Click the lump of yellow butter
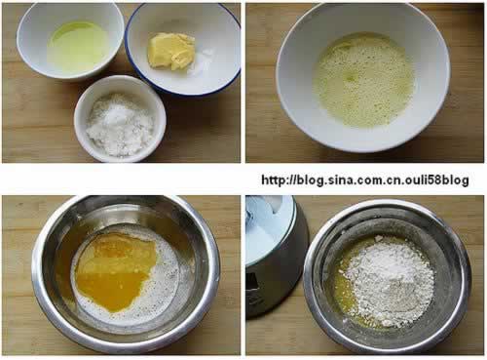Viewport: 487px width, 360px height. (x=171, y=51)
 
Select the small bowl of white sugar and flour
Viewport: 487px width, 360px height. (x=120, y=119)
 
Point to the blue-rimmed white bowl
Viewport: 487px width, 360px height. (x=183, y=49)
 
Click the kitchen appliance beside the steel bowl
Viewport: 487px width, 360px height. (x=276, y=256)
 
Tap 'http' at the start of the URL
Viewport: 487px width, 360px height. (x=274, y=180)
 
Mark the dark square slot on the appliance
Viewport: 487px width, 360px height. (x=252, y=283)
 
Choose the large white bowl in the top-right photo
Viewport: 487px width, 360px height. (x=363, y=77)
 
